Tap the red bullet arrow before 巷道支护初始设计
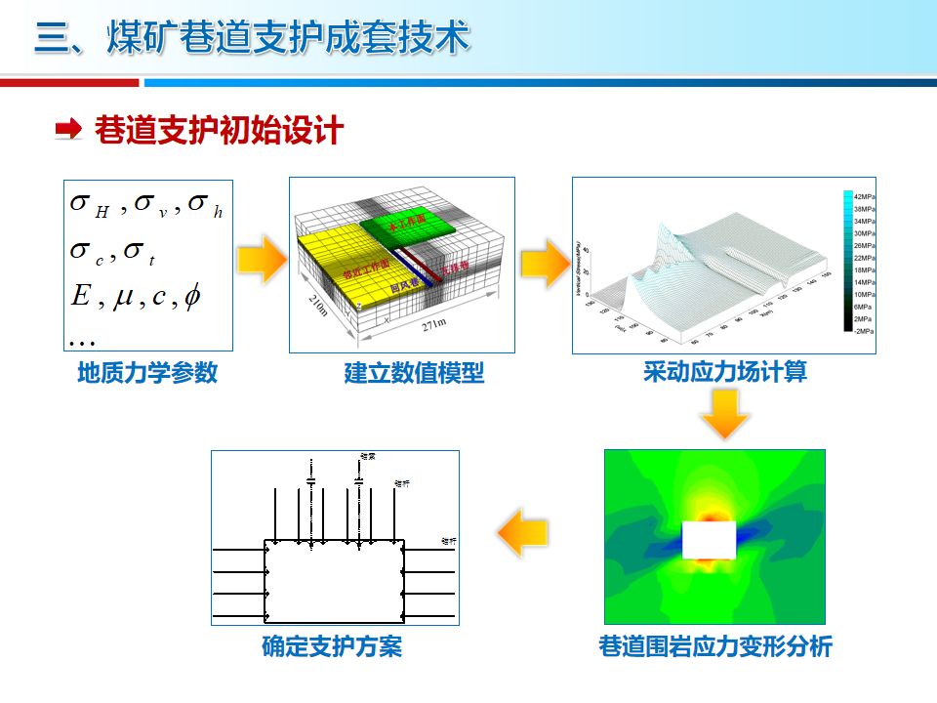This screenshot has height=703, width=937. click(68, 129)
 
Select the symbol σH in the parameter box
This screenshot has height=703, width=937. click(89, 205)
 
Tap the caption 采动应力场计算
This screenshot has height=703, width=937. click(725, 372)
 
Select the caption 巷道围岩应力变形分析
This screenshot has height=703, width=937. click(714, 646)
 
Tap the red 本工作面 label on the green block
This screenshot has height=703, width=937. click(406, 225)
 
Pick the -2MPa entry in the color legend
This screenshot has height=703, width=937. click(863, 331)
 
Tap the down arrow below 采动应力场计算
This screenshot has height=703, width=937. click(724, 413)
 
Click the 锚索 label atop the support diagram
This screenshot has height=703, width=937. click(368, 456)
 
